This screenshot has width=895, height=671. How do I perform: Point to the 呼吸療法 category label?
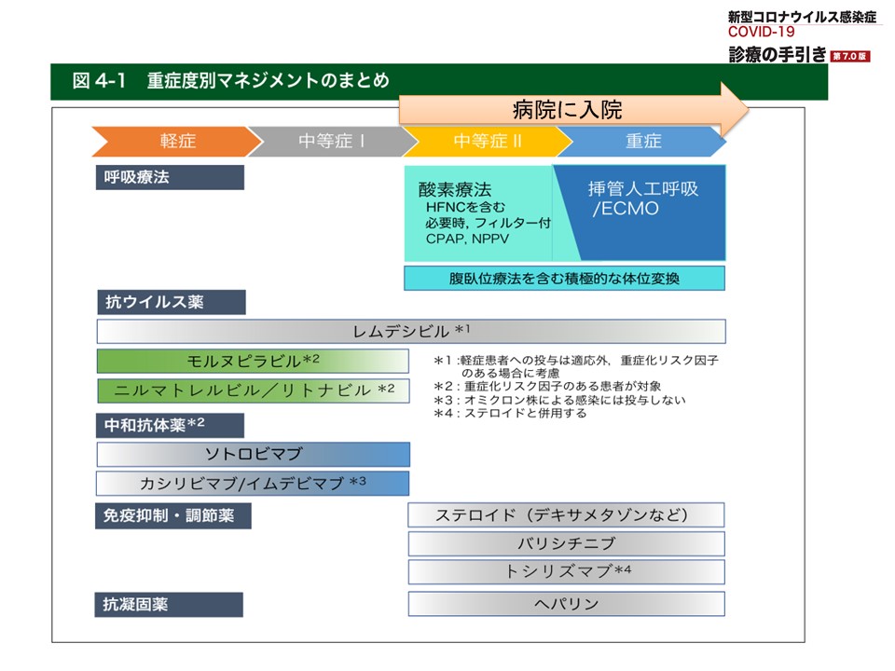click(x=170, y=177)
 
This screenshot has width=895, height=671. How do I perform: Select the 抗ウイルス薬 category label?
click(x=172, y=302)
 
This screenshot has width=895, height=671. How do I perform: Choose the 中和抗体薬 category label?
click(x=170, y=425)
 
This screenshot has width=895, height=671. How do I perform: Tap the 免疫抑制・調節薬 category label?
click(x=173, y=515)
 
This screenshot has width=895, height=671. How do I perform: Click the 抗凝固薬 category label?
click(x=169, y=604)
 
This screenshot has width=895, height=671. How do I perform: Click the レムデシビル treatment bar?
click(x=411, y=332)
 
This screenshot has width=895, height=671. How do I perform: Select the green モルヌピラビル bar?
click(x=253, y=361)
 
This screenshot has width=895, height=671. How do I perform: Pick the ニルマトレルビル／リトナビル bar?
click(x=254, y=390)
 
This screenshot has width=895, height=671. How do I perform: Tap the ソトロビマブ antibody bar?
click(x=254, y=454)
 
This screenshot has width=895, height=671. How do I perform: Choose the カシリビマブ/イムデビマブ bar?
click(x=253, y=484)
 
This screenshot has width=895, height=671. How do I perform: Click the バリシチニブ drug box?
click(x=566, y=543)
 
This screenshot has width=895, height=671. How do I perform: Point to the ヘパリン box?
click(x=566, y=604)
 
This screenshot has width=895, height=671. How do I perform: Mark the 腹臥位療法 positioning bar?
click(x=565, y=278)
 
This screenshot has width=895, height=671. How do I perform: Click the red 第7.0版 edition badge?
click(x=850, y=56)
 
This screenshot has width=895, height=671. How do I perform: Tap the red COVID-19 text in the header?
click(x=761, y=32)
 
